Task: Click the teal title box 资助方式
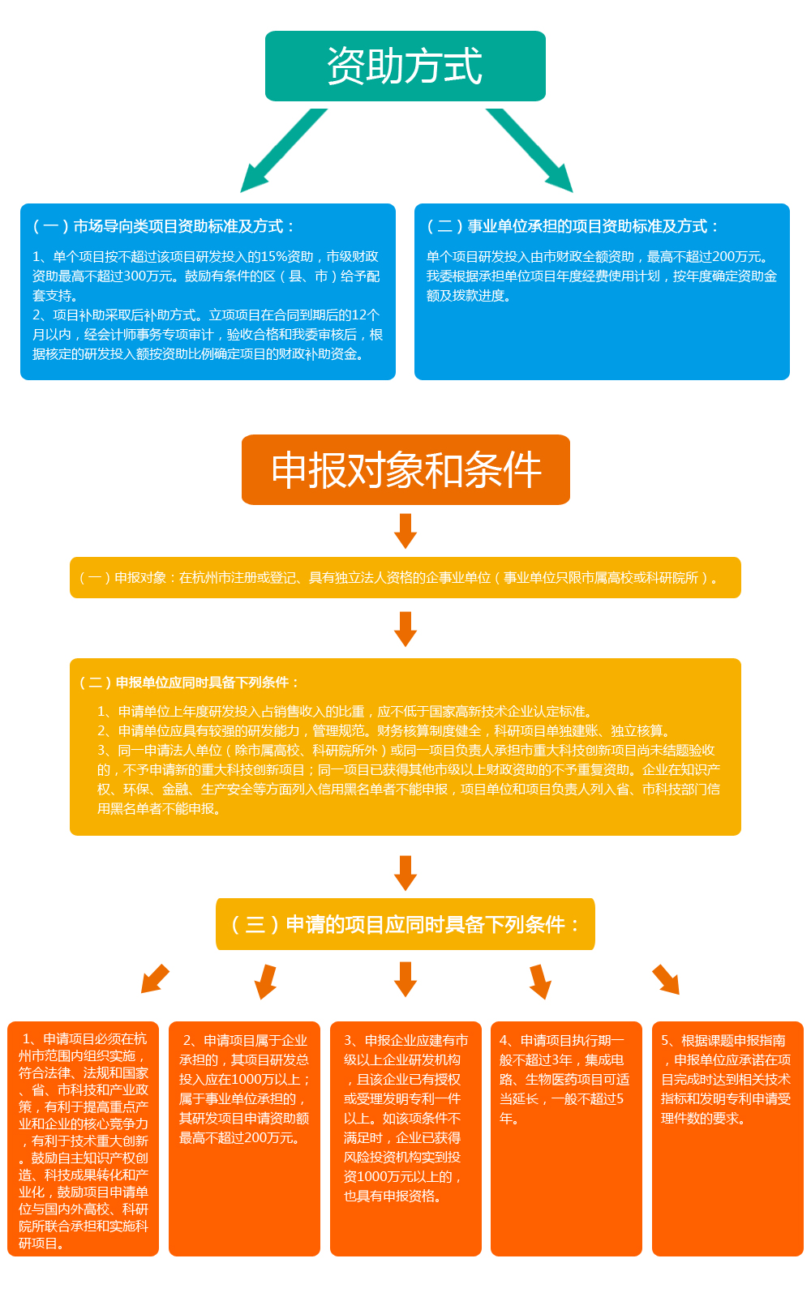point(405,66)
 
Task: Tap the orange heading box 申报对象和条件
point(405,469)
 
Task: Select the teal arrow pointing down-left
point(283,151)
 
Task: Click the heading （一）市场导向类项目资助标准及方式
point(163,226)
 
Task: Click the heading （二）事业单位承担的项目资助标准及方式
point(572,226)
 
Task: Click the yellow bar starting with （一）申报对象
point(405,577)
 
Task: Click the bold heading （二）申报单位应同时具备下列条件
point(189,683)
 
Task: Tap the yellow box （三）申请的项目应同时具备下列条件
point(405,924)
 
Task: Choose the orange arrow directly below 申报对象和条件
point(405,531)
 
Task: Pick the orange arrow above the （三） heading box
point(405,873)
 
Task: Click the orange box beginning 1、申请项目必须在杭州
point(83,1139)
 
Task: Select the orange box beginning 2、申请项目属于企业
point(244,1139)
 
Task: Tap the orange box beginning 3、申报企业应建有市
point(405,1139)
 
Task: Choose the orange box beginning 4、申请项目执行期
point(567,1139)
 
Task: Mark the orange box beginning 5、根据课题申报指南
point(727,1139)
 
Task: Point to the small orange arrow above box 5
point(666,979)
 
